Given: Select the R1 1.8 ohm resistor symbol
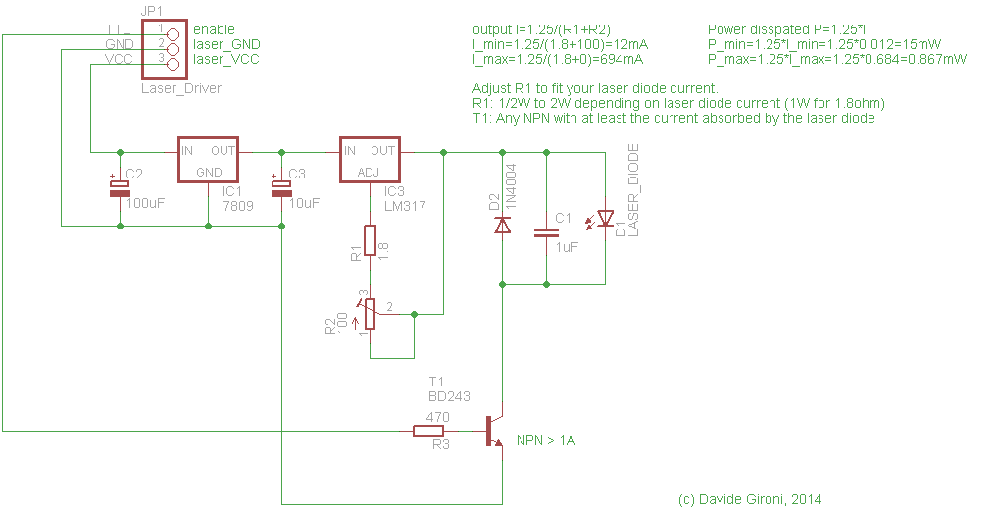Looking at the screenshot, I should [x=370, y=240].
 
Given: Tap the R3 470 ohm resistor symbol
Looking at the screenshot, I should [x=431, y=431].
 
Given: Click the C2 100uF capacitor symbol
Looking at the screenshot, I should [x=120, y=187].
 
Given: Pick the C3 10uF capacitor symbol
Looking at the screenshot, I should [x=282, y=187].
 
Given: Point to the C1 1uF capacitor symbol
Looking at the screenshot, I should [x=545, y=232].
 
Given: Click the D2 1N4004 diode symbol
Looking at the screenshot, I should [x=502, y=225].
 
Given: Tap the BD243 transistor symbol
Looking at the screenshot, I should [x=493, y=431].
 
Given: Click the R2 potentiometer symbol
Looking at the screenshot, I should [x=370, y=313].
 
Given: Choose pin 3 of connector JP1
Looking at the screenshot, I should [x=174, y=65].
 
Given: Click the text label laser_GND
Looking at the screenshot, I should [x=226, y=45].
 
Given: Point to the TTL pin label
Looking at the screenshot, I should [x=118, y=29].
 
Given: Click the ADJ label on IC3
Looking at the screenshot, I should [x=368, y=172].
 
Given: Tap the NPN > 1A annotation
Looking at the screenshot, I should [x=546, y=441].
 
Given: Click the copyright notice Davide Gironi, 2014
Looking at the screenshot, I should [x=750, y=499].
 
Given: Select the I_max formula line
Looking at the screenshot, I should [x=558, y=59].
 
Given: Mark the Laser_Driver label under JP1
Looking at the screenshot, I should [x=181, y=88].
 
